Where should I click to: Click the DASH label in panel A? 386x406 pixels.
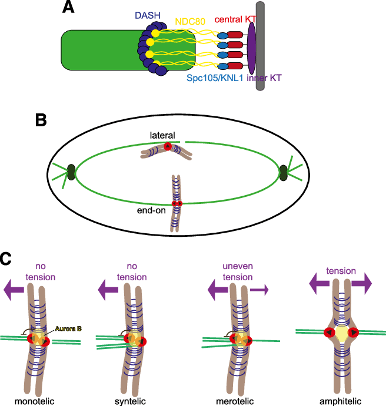pos(148,15)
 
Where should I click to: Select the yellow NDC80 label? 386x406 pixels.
pos(190,21)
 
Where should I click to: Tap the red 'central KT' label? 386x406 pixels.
pos(235,19)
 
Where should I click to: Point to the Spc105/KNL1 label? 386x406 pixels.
pos(215,78)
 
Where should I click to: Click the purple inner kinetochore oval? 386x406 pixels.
pos(251,48)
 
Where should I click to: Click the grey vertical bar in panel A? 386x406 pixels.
pos(260,46)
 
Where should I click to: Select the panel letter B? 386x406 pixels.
pos(41,120)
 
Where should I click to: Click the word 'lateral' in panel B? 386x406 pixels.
pos(162,135)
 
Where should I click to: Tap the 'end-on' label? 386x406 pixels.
pos(151,210)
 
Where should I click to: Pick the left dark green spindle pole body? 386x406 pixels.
pos(71,172)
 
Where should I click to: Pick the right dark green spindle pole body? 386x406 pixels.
pos(284,173)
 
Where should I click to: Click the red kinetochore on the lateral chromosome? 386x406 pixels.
pos(168,146)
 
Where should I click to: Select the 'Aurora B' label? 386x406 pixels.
pos(68,328)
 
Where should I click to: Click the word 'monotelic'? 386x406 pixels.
pos(35,401)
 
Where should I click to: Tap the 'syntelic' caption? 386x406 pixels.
pos(130,401)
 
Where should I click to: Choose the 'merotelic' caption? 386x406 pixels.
pos(235,401)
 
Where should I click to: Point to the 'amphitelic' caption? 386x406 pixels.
pos(340,401)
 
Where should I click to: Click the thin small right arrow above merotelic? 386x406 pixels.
pos(259,290)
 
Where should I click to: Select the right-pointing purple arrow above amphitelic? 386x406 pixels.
pos(362,284)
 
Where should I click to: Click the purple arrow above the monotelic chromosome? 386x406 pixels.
pos(14,290)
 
